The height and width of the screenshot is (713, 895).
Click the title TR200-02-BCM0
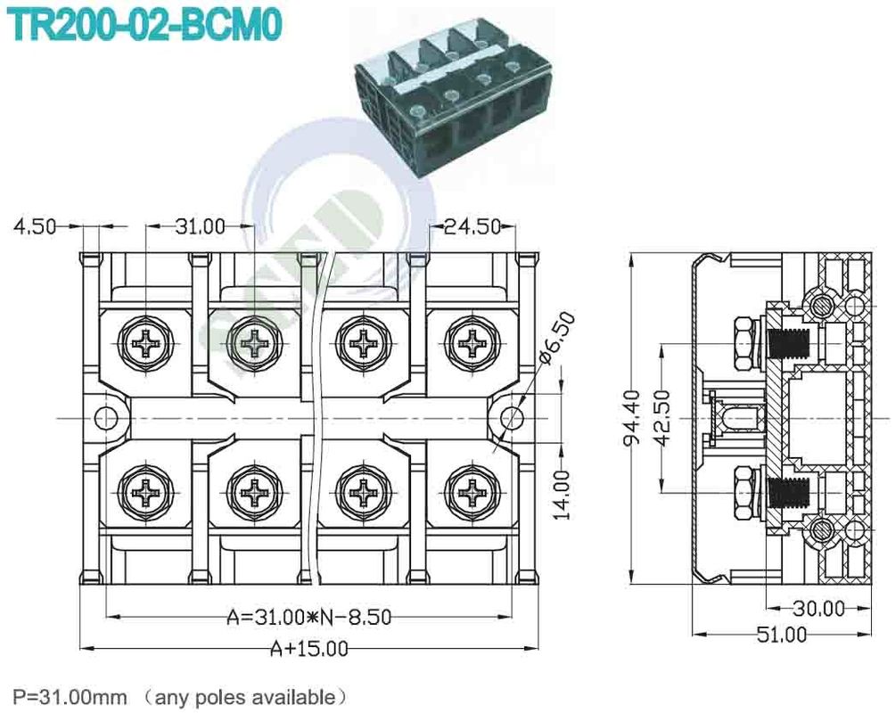tap(145, 25)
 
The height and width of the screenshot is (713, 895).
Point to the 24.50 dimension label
tap(472, 226)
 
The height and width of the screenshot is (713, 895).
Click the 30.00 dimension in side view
tap(817, 609)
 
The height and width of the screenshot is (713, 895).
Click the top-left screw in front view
tap(145, 341)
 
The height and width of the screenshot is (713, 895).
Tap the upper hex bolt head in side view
tap(742, 342)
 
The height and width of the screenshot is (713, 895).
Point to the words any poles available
tap(250, 695)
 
